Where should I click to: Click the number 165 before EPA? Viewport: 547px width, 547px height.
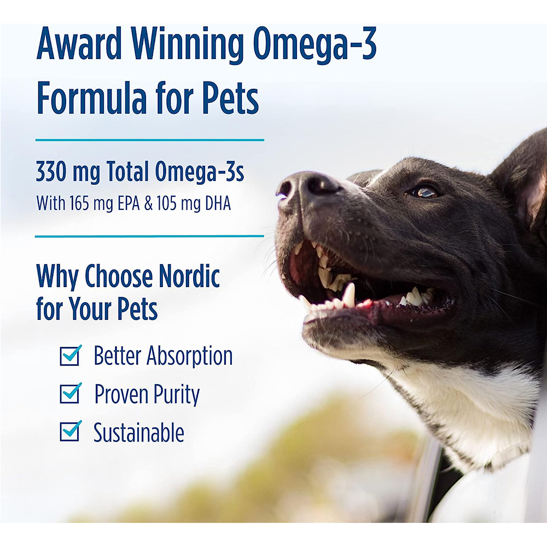[x=80, y=203]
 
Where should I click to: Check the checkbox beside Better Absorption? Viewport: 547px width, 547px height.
[x=69, y=356]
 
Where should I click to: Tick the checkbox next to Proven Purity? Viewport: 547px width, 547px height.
[x=69, y=394]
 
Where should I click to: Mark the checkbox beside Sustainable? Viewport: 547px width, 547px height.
[x=69, y=432]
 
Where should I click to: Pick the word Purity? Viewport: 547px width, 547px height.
[x=174, y=395]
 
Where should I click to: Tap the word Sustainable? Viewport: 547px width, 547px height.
[x=138, y=433]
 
